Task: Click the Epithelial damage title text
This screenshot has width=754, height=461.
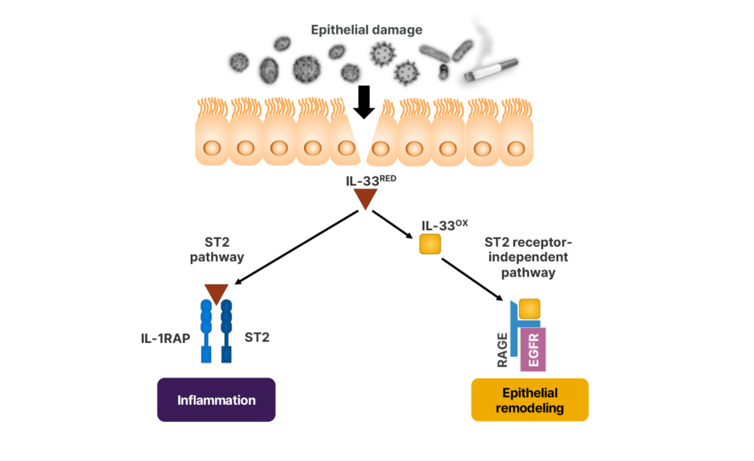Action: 367,30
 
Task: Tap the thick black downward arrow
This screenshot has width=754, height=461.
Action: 364,102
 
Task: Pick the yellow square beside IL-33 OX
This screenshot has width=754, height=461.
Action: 431,244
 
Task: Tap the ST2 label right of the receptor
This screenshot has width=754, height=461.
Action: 257,338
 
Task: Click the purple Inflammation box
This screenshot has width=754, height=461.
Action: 216,400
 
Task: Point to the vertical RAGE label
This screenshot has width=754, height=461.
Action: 503,351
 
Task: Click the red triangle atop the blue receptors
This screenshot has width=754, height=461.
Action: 216,293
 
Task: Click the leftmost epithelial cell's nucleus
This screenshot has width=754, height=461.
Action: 213,148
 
